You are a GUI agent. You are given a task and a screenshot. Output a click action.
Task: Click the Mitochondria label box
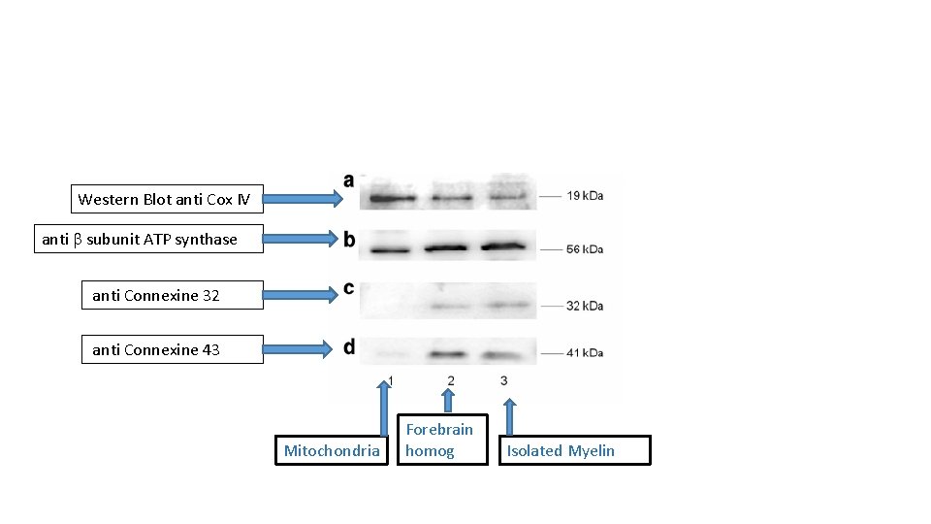pos(332,450)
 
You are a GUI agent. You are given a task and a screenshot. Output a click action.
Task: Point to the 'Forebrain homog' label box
pos(442,440)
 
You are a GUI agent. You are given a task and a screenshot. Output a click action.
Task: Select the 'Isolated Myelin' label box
pos(574,450)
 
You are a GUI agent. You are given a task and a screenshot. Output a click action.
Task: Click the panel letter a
pos(348,180)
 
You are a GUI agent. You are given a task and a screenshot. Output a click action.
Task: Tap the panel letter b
pos(348,239)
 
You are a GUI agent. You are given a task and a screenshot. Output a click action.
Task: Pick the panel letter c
pos(348,288)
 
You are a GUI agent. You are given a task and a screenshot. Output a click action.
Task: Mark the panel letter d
pos(348,346)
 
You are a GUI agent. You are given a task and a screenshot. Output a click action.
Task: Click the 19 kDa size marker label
pos(586,196)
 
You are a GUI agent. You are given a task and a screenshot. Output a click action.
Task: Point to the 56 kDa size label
pos(586,249)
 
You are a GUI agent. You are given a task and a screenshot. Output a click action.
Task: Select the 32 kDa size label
pos(586,306)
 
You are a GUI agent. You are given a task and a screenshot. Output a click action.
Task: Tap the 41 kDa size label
pos(586,352)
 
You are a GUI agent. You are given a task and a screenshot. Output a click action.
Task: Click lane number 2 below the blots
pos(451,380)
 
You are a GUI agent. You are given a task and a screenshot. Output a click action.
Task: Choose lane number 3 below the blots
pos(504,380)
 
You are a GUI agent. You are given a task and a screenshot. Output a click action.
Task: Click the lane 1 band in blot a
pos(388,199)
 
